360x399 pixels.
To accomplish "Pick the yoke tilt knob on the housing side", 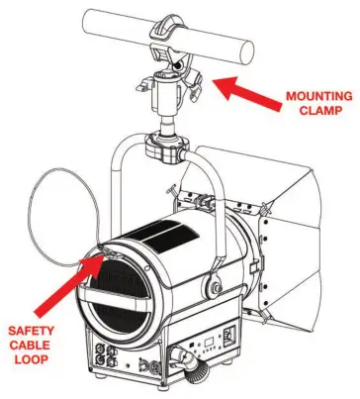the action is click(212, 288).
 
